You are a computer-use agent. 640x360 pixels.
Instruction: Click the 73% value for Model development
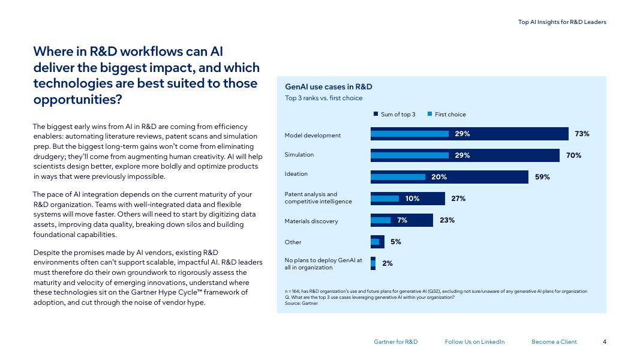(582, 134)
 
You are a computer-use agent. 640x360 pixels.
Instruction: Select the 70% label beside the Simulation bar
(573, 155)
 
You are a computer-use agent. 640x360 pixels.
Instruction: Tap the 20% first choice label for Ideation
(439, 177)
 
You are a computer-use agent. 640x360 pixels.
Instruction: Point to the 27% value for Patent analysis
(458, 199)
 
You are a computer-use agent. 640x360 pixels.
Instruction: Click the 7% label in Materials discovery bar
(402, 220)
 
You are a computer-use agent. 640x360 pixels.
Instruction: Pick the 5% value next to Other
(396, 242)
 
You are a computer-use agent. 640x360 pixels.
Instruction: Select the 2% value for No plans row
(387, 263)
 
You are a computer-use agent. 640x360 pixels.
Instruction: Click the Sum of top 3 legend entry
(395, 115)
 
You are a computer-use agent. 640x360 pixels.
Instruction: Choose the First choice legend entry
(447, 115)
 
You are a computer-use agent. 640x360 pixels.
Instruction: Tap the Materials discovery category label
(311, 221)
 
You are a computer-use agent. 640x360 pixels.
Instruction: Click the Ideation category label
(296, 174)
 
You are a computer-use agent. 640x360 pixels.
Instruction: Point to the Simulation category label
(299, 155)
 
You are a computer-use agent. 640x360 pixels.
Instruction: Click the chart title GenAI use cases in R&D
(329, 87)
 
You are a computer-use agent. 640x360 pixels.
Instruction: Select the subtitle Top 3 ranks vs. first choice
(324, 98)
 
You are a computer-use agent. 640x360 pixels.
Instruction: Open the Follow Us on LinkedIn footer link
(475, 342)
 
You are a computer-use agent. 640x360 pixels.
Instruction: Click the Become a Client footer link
(554, 342)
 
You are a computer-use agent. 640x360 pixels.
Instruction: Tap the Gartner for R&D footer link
(396, 342)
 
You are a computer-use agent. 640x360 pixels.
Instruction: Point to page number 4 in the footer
(605, 342)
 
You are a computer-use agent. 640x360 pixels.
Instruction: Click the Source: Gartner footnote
(302, 304)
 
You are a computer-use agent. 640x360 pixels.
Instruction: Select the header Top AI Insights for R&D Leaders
(562, 22)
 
